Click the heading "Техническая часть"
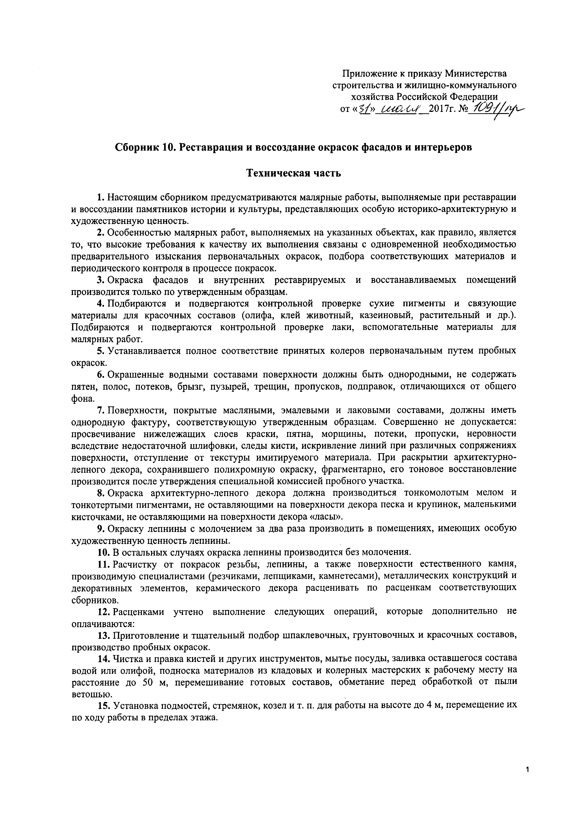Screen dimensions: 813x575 click(x=293, y=174)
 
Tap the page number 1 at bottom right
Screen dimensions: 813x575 click(x=527, y=767)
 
